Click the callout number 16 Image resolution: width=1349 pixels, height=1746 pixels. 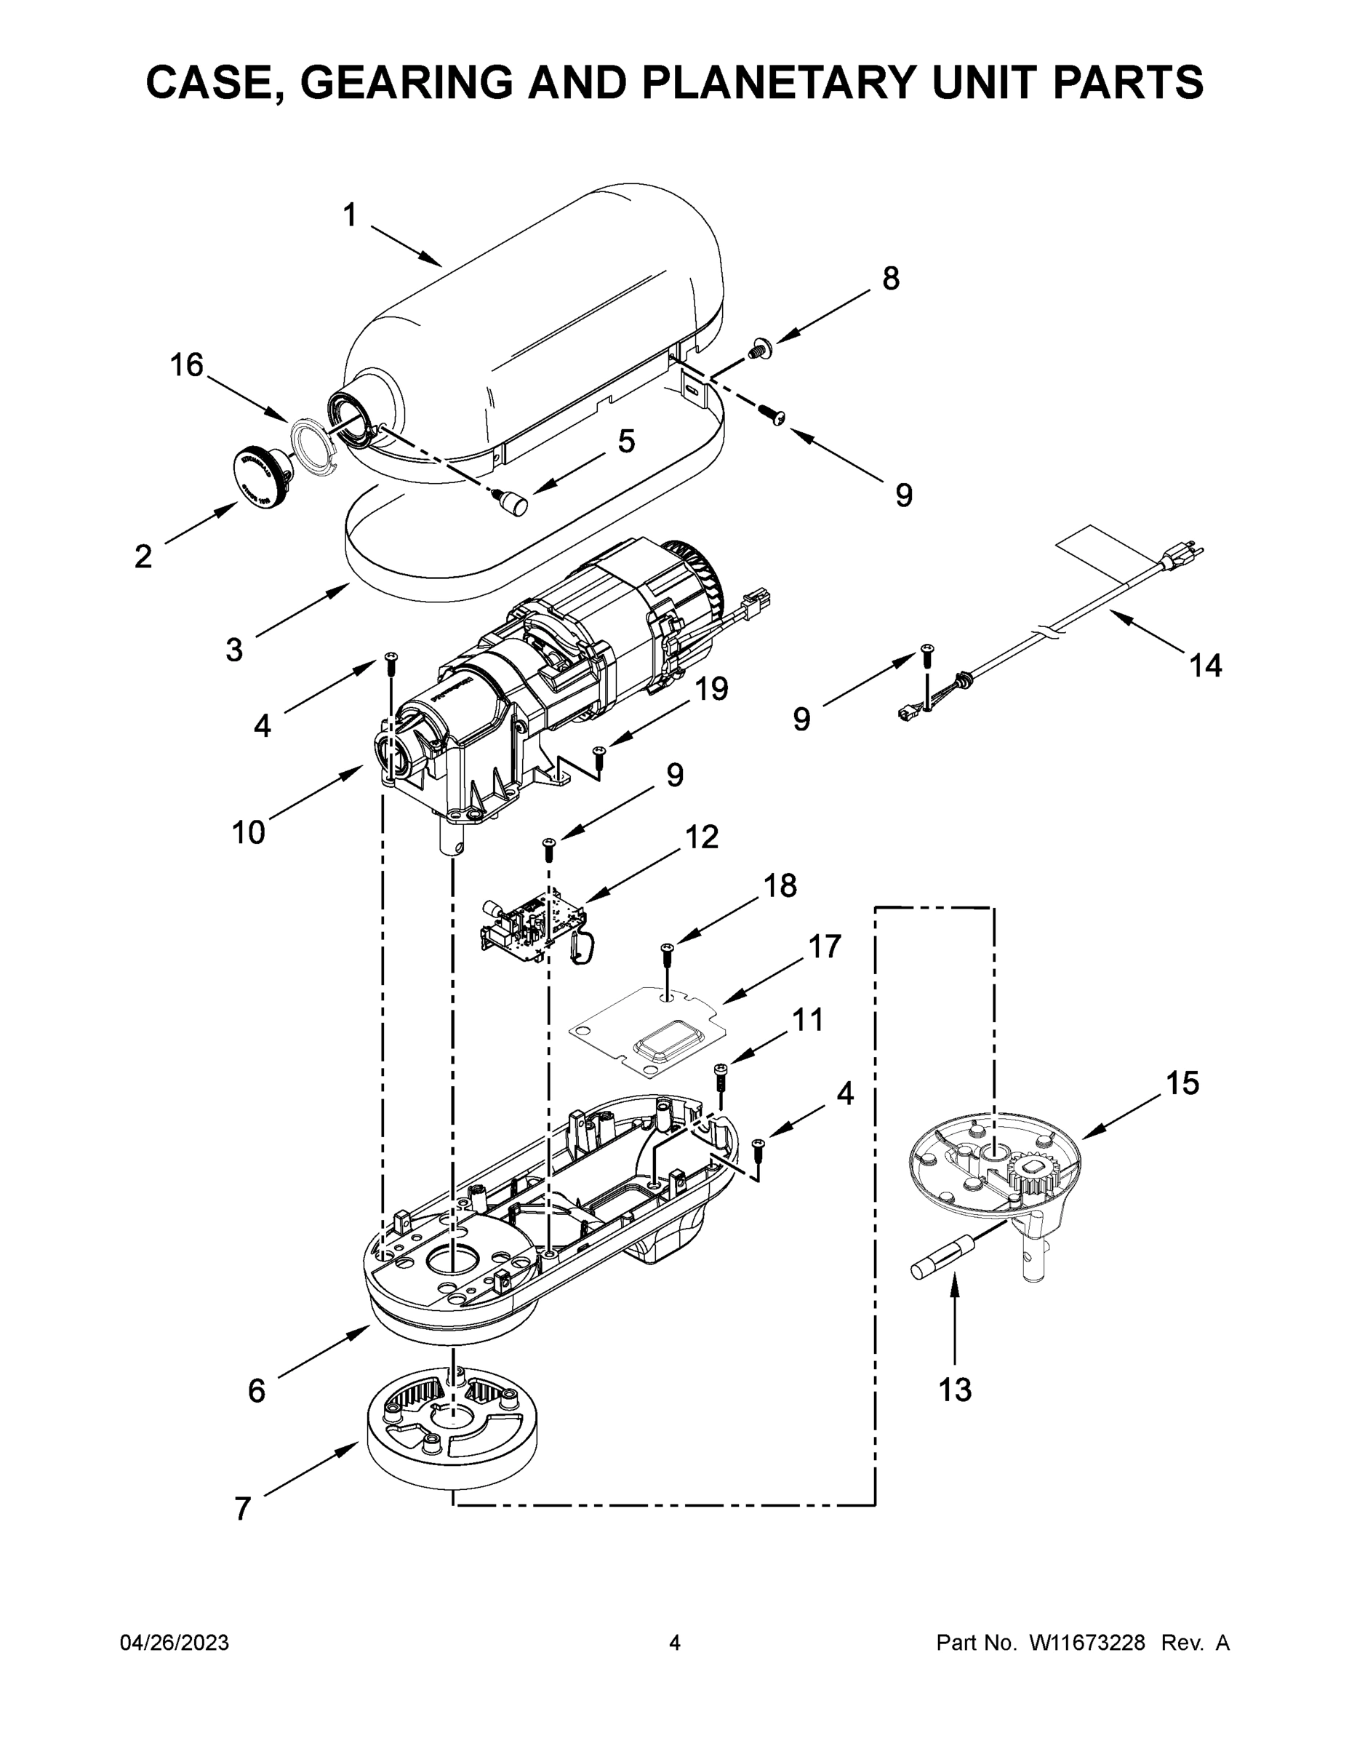(x=187, y=365)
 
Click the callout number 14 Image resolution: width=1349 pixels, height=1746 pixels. (x=1205, y=665)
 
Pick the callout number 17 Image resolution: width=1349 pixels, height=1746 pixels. (x=825, y=946)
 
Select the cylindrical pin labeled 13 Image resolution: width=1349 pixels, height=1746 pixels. (x=944, y=1256)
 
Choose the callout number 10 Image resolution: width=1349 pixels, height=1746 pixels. (x=249, y=832)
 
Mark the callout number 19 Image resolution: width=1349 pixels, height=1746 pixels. (x=711, y=688)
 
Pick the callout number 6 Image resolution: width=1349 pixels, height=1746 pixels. (x=256, y=1391)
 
